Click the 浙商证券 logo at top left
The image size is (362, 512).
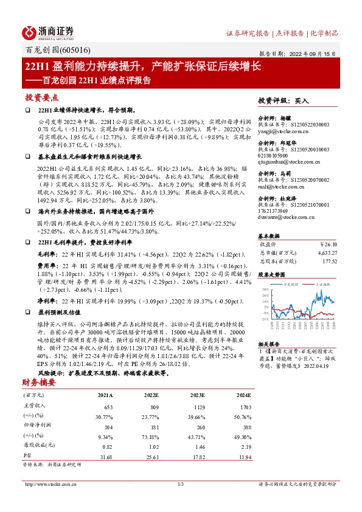[x=49, y=32]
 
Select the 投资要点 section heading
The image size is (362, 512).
[x=42, y=97]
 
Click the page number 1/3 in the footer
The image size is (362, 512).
[x=180, y=484]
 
